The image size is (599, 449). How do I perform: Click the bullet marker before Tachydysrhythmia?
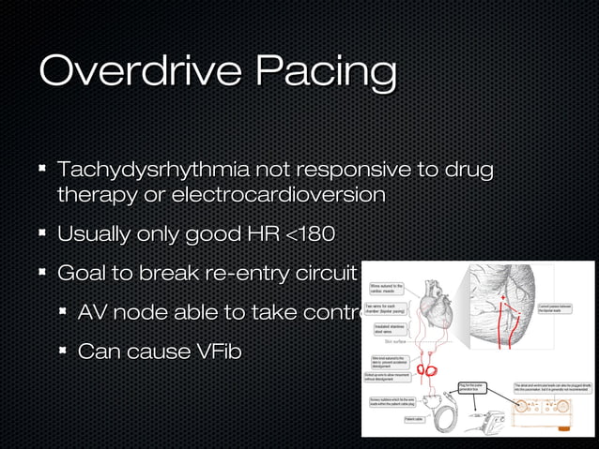42,171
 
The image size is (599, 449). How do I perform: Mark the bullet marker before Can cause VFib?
63,352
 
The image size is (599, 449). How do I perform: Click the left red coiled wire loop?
422,368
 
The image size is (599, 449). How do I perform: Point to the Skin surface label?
387,342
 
